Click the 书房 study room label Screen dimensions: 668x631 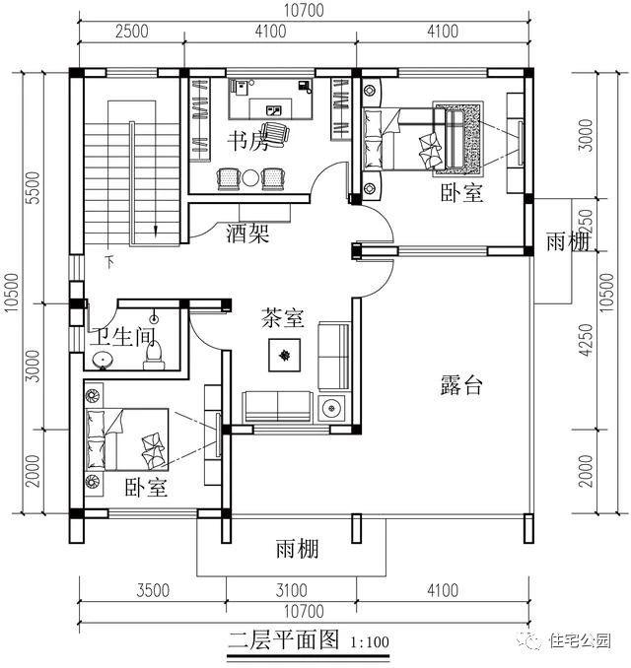point(247,141)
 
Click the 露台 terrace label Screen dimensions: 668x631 point(460,385)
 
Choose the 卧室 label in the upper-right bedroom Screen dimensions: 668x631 point(461,193)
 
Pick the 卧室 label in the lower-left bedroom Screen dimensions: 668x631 point(145,488)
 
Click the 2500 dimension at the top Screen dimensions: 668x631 point(131,31)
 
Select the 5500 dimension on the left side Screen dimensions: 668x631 point(32,187)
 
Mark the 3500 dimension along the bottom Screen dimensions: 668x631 point(153,591)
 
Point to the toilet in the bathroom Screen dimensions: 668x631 point(152,353)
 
